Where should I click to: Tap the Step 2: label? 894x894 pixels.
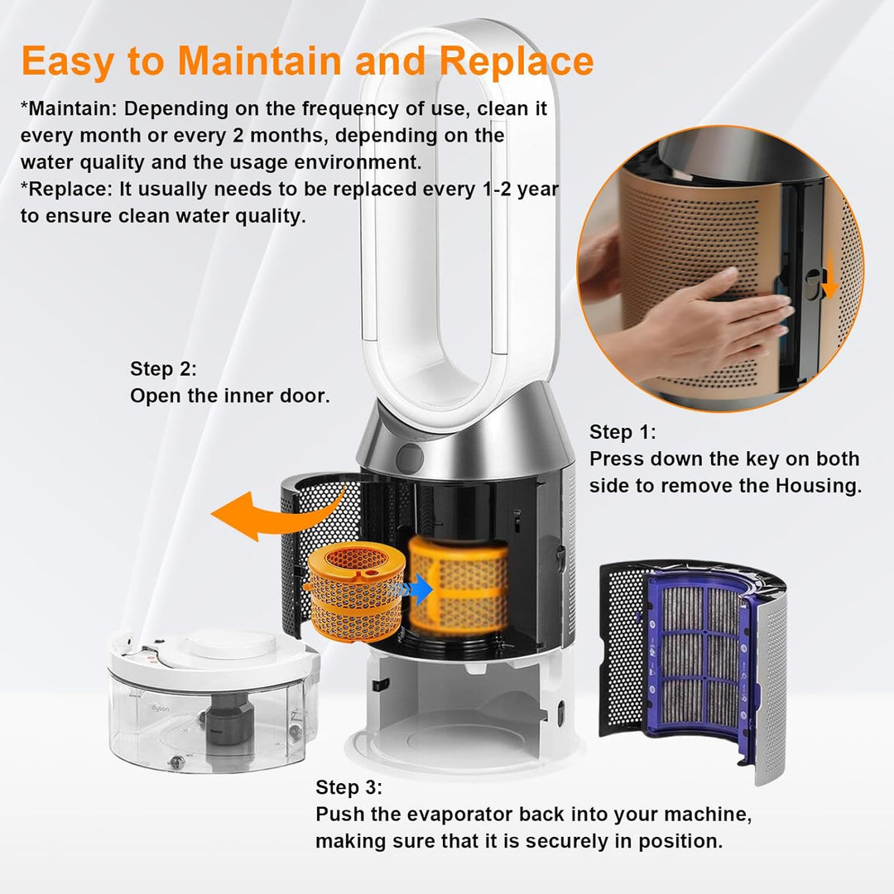tap(164, 369)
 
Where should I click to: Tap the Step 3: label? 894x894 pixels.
tap(349, 787)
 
